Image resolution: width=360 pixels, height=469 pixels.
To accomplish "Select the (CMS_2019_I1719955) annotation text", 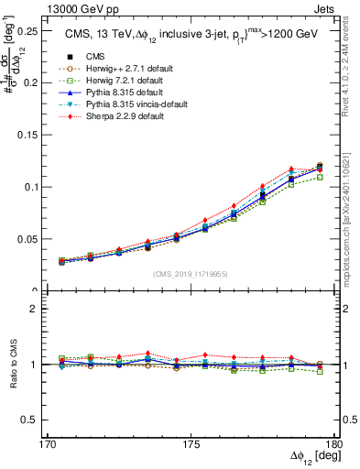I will tap(191, 273).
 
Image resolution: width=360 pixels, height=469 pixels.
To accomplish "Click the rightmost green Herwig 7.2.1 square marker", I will tap(320, 177).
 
